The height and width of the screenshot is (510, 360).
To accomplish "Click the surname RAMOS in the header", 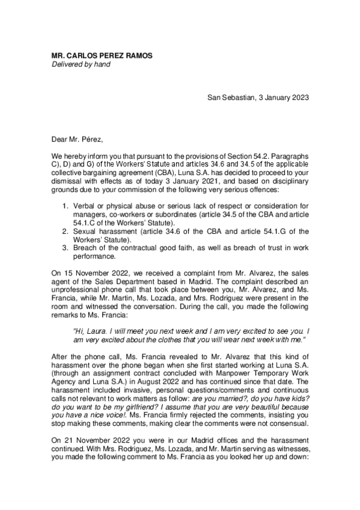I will click(x=137, y=55).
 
